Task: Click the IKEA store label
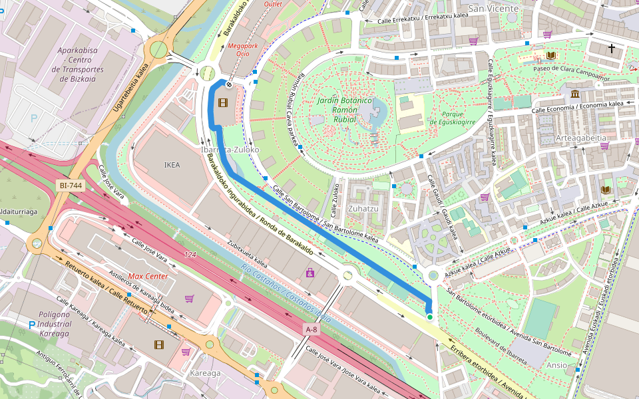pyautogui.click(x=172, y=164)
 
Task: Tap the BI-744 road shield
pyautogui.click(x=71, y=186)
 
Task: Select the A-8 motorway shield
pyautogui.click(x=312, y=329)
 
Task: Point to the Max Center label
pyautogui.click(x=148, y=276)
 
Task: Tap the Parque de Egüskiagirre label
pyautogui.click(x=452, y=118)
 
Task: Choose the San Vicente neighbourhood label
pyautogui.click(x=493, y=9)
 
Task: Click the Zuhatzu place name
pyautogui.click(x=363, y=208)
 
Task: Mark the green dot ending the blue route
pyautogui.click(x=430, y=317)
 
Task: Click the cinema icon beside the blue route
pyautogui.click(x=222, y=102)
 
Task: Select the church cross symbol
pyautogui.click(x=611, y=48)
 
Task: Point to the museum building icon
pyautogui.click(x=575, y=93)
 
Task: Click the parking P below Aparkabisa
pyautogui.click(x=34, y=119)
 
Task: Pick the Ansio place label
pyautogui.click(x=556, y=365)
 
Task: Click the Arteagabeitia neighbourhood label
pyautogui.click(x=581, y=138)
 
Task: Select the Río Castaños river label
pyautogui.click(x=286, y=291)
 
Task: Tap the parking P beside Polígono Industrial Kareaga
pyautogui.click(x=31, y=325)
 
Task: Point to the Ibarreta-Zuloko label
pyautogui.click(x=230, y=150)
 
